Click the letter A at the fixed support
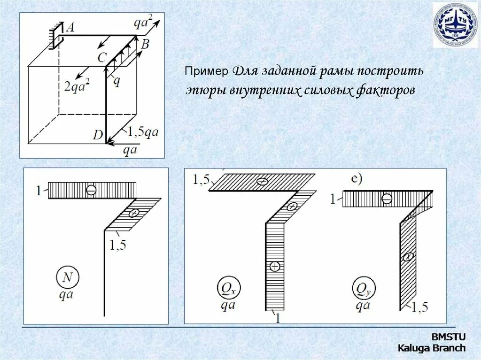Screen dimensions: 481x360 70,28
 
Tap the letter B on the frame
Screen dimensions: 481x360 145,45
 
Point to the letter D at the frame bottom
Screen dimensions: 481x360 98,135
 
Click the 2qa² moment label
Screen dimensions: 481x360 77,85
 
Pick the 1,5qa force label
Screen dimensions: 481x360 144,132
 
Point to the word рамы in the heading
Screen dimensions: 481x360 335,72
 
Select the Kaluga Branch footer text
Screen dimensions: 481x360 432,348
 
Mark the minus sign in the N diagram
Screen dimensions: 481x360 91,190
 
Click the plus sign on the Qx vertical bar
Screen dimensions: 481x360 275,267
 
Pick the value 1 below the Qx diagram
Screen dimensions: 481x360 277,318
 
